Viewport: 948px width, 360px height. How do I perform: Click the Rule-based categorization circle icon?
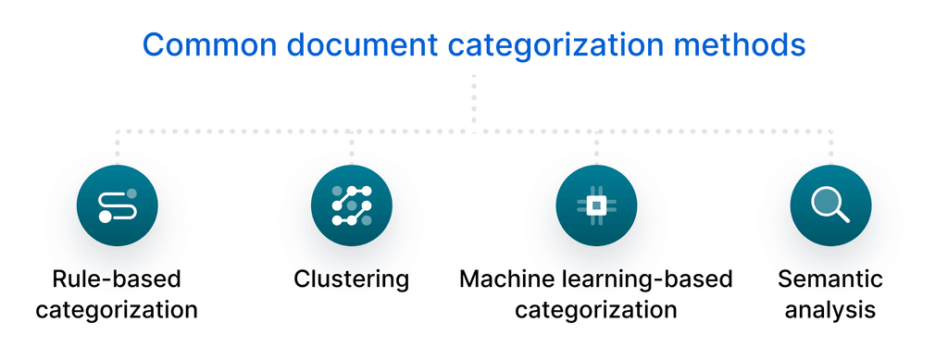(118, 205)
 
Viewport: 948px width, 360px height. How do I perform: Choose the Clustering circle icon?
(352, 205)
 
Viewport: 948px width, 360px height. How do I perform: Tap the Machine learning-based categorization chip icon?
(596, 205)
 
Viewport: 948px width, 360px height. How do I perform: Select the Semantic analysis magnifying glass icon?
(830, 205)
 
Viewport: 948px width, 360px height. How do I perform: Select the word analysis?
(830, 309)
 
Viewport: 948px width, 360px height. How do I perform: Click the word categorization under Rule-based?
(117, 309)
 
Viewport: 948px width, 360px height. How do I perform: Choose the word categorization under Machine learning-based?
(596, 309)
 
